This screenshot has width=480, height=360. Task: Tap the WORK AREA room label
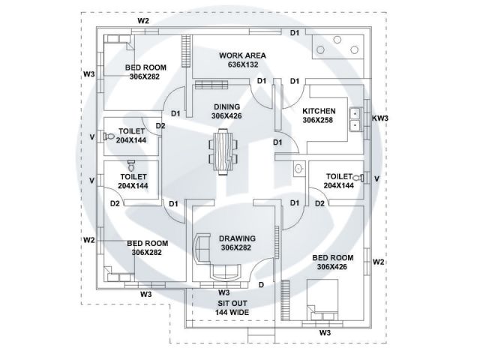click(x=242, y=55)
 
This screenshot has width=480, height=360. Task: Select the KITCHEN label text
click(x=319, y=109)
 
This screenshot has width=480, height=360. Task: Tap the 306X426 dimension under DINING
click(x=226, y=116)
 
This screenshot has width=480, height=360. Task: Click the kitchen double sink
click(x=355, y=118)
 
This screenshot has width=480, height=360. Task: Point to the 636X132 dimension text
click(x=242, y=65)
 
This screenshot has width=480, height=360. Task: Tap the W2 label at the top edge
click(x=143, y=21)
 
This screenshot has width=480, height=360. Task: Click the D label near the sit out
click(x=261, y=284)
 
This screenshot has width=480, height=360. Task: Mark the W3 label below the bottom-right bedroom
click(x=325, y=331)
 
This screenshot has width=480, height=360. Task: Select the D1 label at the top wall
click(x=295, y=32)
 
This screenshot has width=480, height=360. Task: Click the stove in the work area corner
click(x=334, y=49)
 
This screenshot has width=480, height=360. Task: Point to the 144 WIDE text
click(x=232, y=312)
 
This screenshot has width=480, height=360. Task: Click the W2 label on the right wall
click(x=379, y=262)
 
